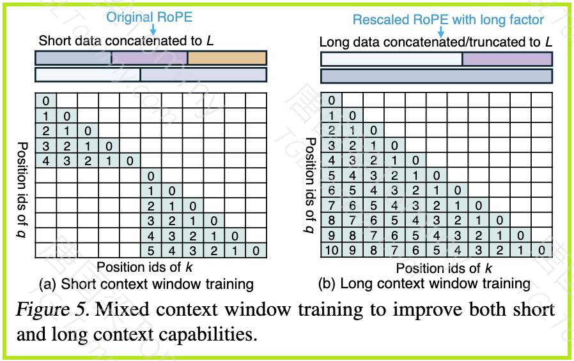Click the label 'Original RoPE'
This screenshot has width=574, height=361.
[x=150, y=17]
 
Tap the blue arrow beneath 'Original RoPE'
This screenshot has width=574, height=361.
[x=153, y=29]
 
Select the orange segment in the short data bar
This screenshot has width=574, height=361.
[x=227, y=58]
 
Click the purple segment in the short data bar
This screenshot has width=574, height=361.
[x=149, y=58]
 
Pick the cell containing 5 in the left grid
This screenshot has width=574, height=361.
[x=151, y=251]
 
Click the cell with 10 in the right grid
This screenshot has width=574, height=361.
[x=331, y=250]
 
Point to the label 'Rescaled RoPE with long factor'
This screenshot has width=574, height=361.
[x=448, y=20]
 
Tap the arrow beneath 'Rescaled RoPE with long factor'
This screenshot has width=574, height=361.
[x=441, y=31]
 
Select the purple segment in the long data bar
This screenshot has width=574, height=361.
[x=508, y=59]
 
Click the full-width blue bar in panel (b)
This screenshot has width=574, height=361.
[x=437, y=76]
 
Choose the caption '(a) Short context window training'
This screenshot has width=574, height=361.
[x=146, y=284]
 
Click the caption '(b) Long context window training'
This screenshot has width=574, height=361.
[x=424, y=284]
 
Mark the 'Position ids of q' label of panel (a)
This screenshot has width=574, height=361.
[x=22, y=190]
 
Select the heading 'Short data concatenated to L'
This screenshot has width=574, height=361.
[x=126, y=41]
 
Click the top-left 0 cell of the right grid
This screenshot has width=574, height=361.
[x=331, y=100]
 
